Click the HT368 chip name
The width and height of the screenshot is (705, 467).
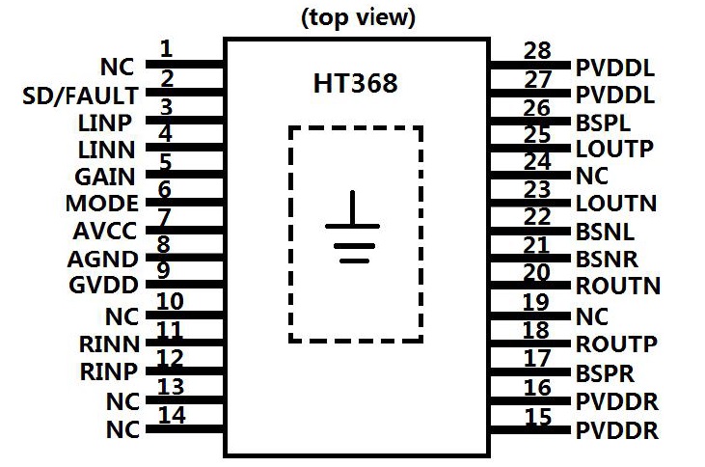click(x=354, y=84)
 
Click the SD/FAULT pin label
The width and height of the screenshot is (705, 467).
click(x=80, y=96)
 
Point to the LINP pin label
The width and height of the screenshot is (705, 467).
click(x=106, y=123)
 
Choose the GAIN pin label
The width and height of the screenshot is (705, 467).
click(x=104, y=178)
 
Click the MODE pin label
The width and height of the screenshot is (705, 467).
click(x=101, y=205)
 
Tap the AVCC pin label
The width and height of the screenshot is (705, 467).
click(x=104, y=232)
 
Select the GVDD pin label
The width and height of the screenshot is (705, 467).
click(x=104, y=286)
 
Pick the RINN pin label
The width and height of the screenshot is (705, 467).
click(x=107, y=343)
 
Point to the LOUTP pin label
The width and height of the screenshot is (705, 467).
click(x=614, y=150)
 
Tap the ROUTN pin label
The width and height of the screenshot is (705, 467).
click(x=618, y=287)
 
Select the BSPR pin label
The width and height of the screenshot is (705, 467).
click(x=605, y=372)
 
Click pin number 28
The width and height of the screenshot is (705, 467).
click(x=536, y=50)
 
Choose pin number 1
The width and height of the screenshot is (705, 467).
click(x=166, y=48)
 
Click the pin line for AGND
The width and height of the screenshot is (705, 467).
click(x=183, y=258)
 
